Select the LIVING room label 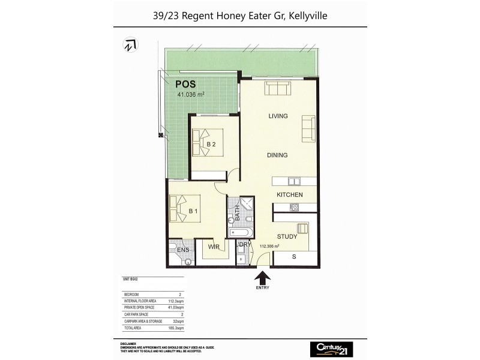click(278, 116)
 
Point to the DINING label click(277, 155)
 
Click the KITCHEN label click(289, 195)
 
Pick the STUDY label click(287, 236)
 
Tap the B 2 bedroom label click(211, 144)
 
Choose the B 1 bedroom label click(193, 211)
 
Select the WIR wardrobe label click(213, 247)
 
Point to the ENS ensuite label click(176, 250)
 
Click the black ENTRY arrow click(262, 278)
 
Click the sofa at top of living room click(278, 89)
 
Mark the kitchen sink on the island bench click(293, 181)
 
